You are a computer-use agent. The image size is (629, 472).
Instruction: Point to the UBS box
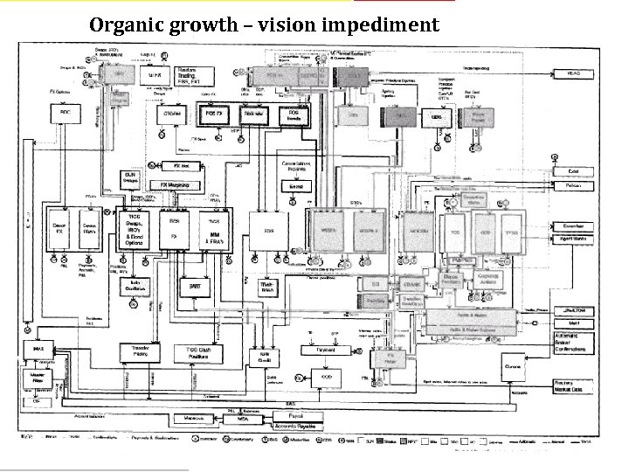point(435,116)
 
